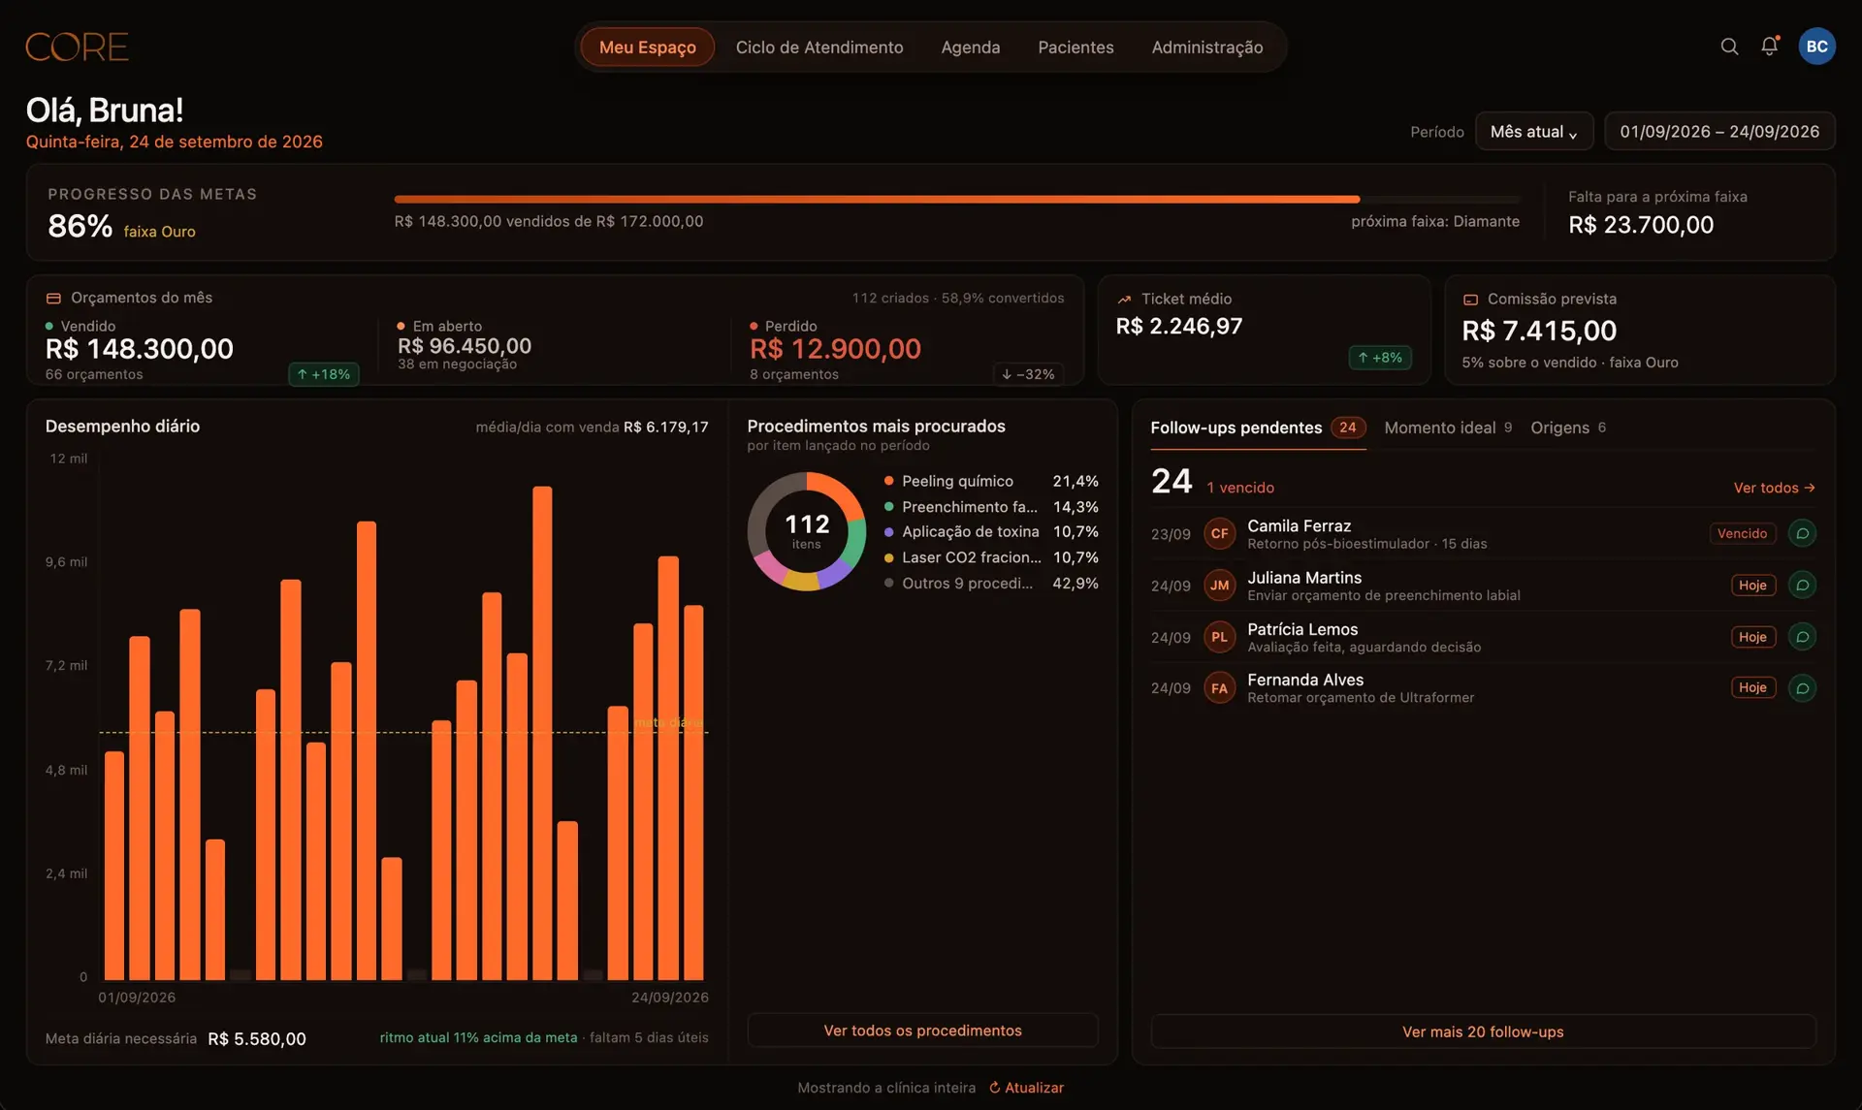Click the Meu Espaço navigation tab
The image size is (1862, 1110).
[x=647, y=47]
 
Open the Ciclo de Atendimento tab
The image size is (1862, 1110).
[x=819, y=47]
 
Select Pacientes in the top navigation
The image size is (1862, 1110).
[x=1075, y=47]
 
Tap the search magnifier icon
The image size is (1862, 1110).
[x=1729, y=47]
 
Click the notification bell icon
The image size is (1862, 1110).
[x=1770, y=47]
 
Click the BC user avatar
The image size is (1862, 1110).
[x=1816, y=47]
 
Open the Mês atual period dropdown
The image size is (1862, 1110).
[x=1534, y=132]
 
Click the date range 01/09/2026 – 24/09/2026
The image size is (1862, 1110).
[x=1719, y=132]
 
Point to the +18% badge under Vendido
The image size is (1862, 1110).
[x=324, y=374]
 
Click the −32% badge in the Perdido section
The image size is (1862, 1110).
[x=1028, y=374]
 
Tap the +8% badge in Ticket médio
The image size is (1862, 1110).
[x=1380, y=358]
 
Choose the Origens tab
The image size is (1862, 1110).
[x=1568, y=428]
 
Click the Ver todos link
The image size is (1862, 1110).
[x=1774, y=488]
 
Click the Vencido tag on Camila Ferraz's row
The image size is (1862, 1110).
[x=1742, y=533]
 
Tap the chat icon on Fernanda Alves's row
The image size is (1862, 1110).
[x=1802, y=688]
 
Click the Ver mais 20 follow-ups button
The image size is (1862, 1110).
[x=1483, y=1031]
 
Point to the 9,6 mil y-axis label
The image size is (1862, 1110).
[x=66, y=562]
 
